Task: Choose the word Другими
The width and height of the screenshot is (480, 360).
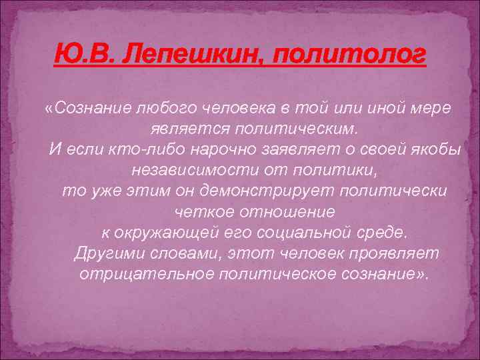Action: click(x=109, y=254)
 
